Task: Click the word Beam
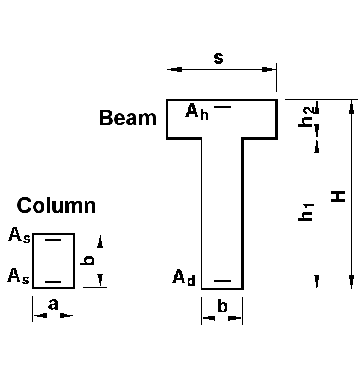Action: (x=127, y=118)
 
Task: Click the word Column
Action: (x=57, y=206)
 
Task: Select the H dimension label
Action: (x=339, y=196)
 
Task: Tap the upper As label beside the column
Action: (x=19, y=235)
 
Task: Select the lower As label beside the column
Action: (x=18, y=277)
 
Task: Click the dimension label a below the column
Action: (x=53, y=304)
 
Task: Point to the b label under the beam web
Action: (x=222, y=307)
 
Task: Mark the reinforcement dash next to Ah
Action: (x=222, y=107)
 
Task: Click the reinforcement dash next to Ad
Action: (x=222, y=281)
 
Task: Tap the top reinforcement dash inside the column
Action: (x=53, y=240)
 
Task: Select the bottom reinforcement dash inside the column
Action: (x=53, y=282)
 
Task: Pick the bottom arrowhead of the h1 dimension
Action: (x=317, y=282)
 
